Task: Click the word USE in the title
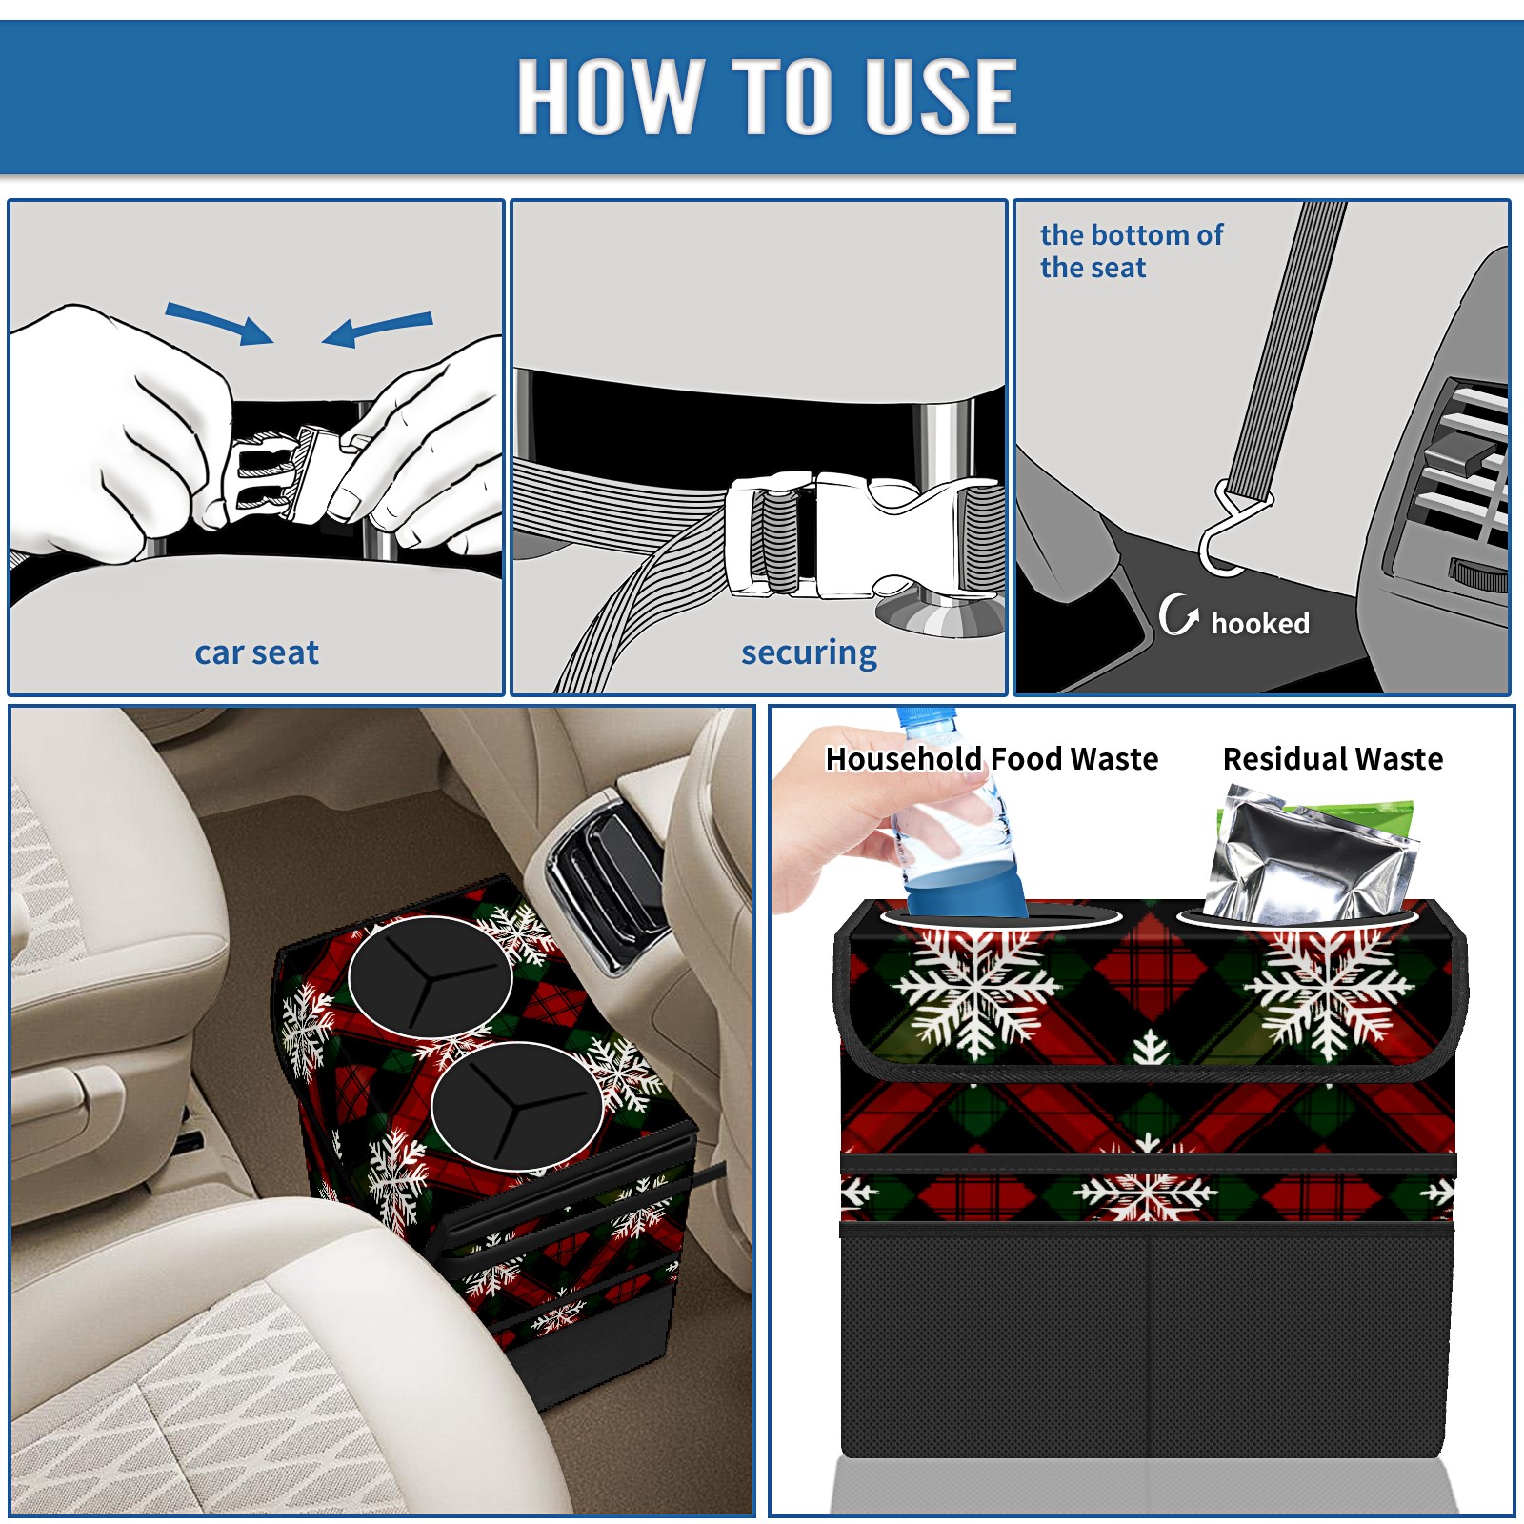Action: click(941, 95)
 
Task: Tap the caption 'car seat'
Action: click(256, 652)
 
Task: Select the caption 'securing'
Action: click(809, 652)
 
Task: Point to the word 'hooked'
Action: click(1260, 623)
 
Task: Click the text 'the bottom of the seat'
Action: click(1132, 251)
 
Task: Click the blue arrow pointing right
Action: click(219, 323)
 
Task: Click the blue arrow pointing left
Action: click(377, 329)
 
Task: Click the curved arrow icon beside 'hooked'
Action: click(1177, 614)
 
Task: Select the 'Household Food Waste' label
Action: click(992, 758)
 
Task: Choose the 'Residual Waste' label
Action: click(1333, 758)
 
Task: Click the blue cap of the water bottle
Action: click(926, 719)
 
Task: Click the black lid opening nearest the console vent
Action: click(431, 975)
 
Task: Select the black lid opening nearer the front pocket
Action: click(516, 1106)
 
